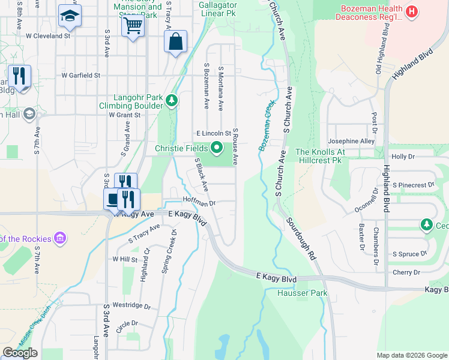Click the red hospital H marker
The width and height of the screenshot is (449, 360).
(x=411, y=11)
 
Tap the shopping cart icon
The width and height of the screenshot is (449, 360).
(x=133, y=25)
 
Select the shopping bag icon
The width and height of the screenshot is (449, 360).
(x=176, y=42)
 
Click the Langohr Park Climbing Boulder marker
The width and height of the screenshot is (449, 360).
(x=172, y=100)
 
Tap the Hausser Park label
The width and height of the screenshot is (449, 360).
(x=302, y=293)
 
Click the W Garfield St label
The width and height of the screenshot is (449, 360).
(x=80, y=76)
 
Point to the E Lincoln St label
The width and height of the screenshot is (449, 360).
(x=214, y=133)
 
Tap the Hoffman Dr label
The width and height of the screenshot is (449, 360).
(x=199, y=203)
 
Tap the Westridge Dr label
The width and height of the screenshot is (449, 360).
(x=131, y=305)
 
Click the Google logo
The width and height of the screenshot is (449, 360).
(x=20, y=353)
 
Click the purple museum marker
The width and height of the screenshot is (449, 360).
(x=59, y=239)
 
